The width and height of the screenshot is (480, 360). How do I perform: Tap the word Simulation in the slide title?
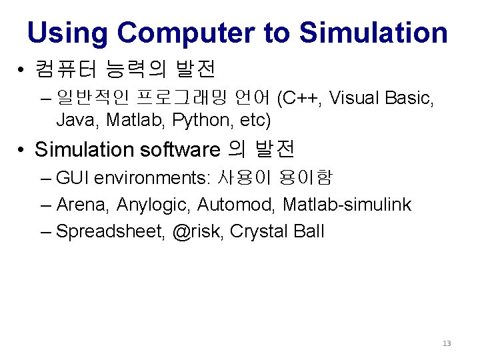coord(373,32)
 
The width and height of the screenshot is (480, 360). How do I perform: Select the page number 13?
coord(447,343)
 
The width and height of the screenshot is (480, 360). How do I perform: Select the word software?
coord(180,149)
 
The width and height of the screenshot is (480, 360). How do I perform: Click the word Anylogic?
coord(153,205)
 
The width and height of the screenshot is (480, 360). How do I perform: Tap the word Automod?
coord(236,205)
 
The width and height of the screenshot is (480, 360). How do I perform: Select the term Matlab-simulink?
coord(347,205)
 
